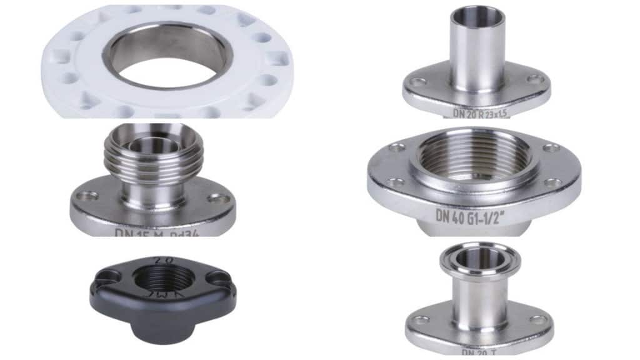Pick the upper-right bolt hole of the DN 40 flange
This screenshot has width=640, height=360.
point(551,148)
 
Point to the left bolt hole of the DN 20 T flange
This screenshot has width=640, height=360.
point(420,319)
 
